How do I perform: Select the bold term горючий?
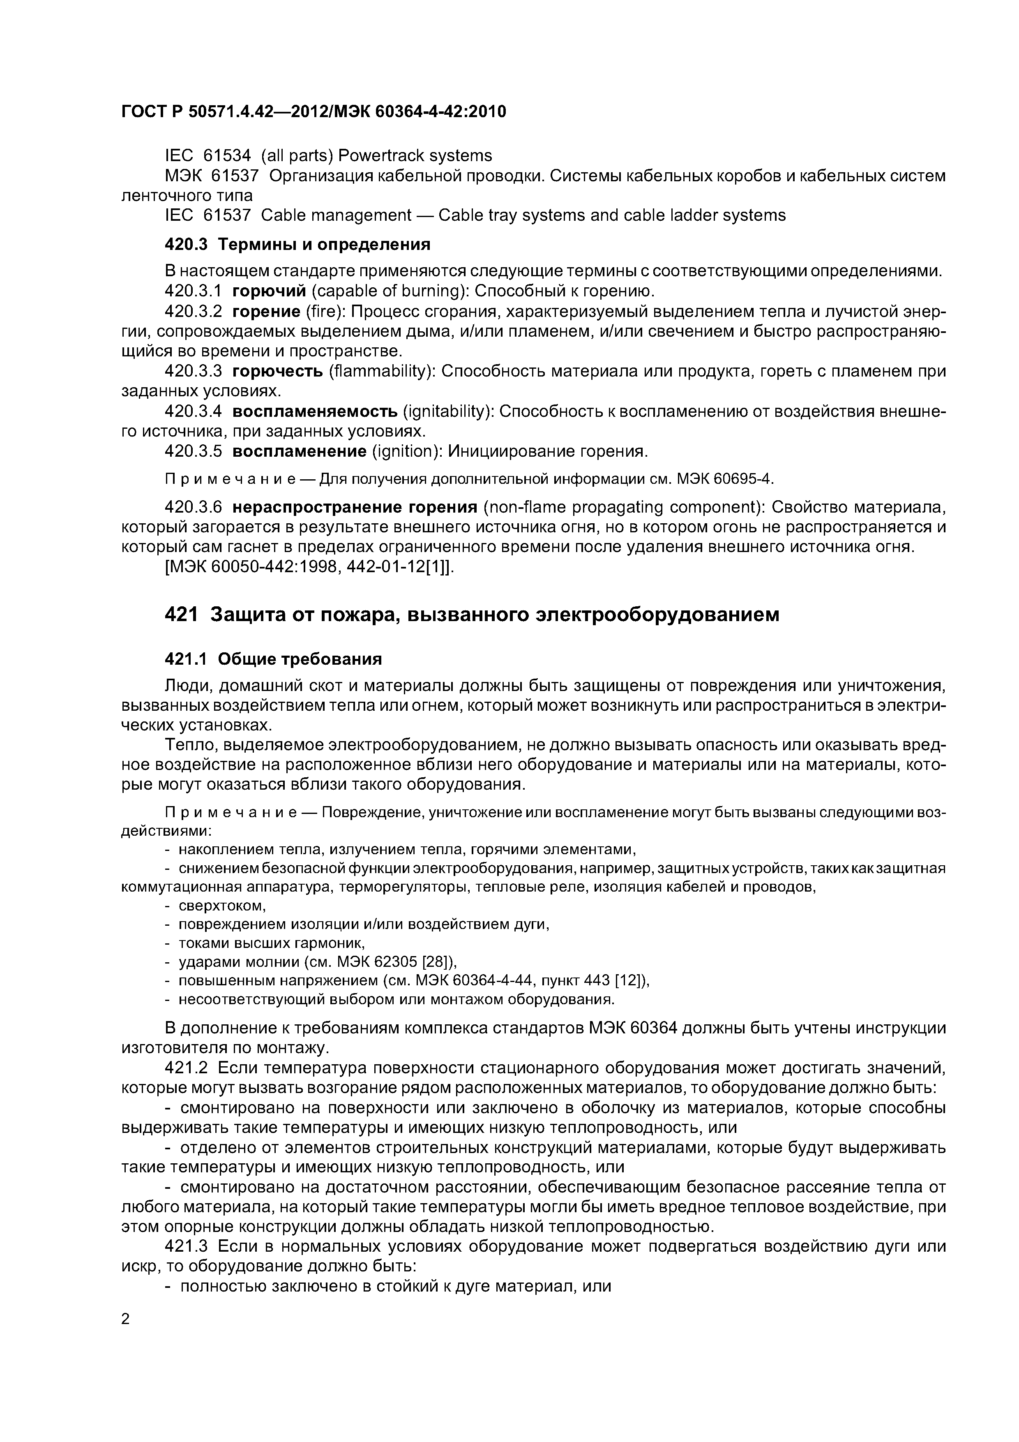point(269,291)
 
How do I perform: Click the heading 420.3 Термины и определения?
point(297,244)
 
